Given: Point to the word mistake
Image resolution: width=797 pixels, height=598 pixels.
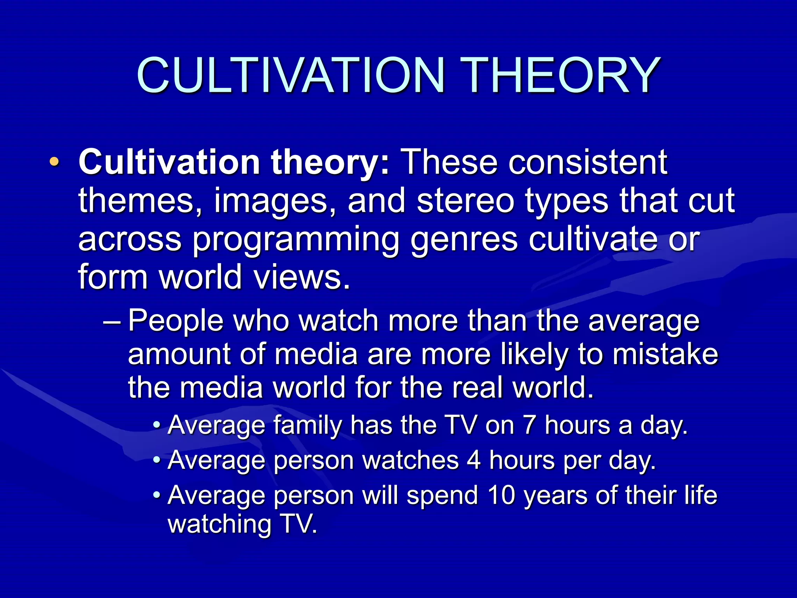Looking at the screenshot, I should [x=665, y=354].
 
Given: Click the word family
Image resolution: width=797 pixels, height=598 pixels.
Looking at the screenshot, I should [x=307, y=425].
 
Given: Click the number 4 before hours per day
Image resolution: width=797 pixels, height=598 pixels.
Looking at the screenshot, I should [x=474, y=460].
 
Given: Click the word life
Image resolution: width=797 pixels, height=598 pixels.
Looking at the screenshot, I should [x=700, y=495].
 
